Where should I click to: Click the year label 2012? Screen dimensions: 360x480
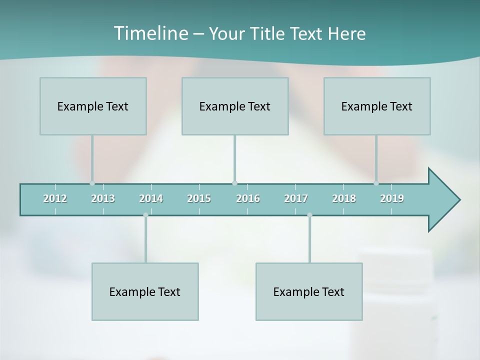click(x=55, y=198)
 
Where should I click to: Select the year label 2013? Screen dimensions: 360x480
click(x=103, y=198)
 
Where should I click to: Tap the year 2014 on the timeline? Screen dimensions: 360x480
click(x=151, y=198)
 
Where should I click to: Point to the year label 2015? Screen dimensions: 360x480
click(x=199, y=198)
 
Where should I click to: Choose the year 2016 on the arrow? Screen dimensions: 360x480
click(x=248, y=198)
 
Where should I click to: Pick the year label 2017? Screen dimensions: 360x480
click(x=296, y=198)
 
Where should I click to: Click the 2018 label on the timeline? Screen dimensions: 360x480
click(x=344, y=198)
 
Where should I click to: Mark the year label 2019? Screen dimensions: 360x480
click(x=392, y=198)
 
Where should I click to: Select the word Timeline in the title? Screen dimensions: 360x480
click(x=150, y=33)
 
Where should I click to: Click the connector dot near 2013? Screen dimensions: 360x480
click(x=92, y=183)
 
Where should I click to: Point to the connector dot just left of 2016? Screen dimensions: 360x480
click(x=234, y=183)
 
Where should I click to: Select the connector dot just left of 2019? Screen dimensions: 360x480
click(x=376, y=183)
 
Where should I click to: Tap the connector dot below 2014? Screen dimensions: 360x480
click(x=145, y=215)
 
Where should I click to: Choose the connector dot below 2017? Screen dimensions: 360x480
click(x=309, y=215)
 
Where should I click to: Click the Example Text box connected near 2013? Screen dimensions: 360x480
click(x=93, y=106)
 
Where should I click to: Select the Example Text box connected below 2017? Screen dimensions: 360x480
click(x=309, y=291)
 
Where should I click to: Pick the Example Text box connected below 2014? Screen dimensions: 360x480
click(x=145, y=291)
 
